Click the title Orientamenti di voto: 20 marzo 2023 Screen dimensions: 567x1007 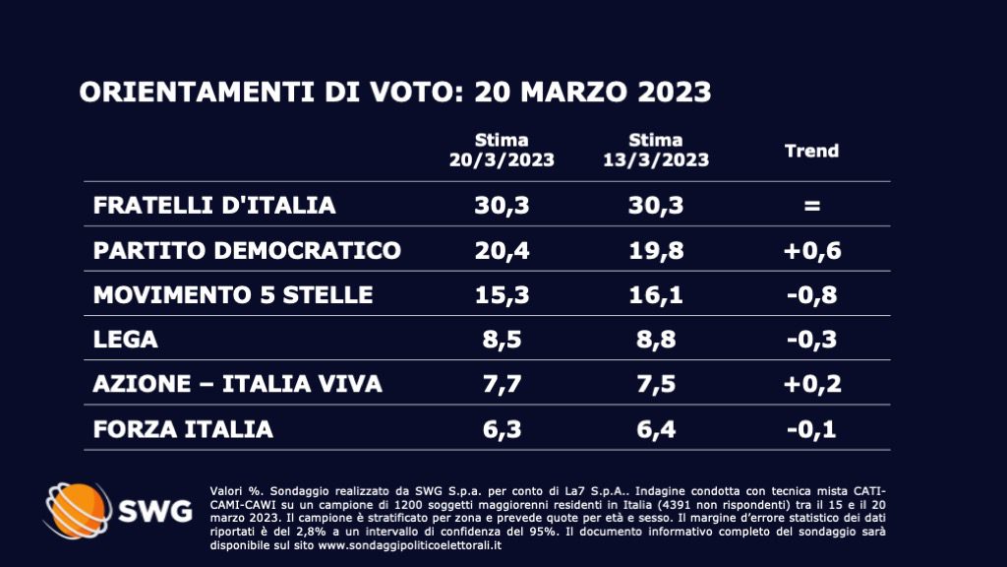point(395,92)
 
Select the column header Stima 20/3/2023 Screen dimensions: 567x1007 point(502,151)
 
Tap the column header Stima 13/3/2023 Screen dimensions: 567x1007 point(656,151)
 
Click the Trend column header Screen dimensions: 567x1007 point(811,151)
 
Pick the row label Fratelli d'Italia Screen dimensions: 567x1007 point(214,206)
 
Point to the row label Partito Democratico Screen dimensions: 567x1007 point(247,250)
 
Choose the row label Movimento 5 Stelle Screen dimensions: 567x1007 point(233,294)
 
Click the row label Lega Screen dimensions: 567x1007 point(125,340)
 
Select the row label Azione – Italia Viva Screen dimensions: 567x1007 point(237,384)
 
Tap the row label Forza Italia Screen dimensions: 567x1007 point(183,429)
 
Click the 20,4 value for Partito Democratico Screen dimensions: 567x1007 point(502,250)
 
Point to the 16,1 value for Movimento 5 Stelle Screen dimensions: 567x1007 point(656,294)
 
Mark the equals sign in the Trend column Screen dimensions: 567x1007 point(811,206)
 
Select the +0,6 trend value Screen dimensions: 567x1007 point(811,250)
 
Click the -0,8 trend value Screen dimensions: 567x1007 point(811,294)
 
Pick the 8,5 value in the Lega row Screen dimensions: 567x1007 point(502,340)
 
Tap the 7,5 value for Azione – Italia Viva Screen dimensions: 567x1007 point(656,384)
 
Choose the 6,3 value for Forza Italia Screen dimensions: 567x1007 point(502,429)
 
